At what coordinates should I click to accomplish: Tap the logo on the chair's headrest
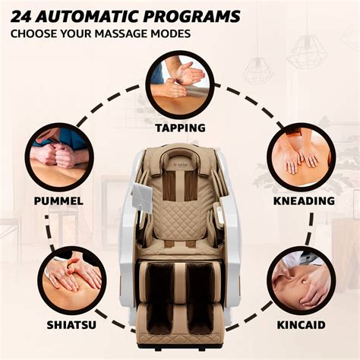(x=180, y=150)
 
